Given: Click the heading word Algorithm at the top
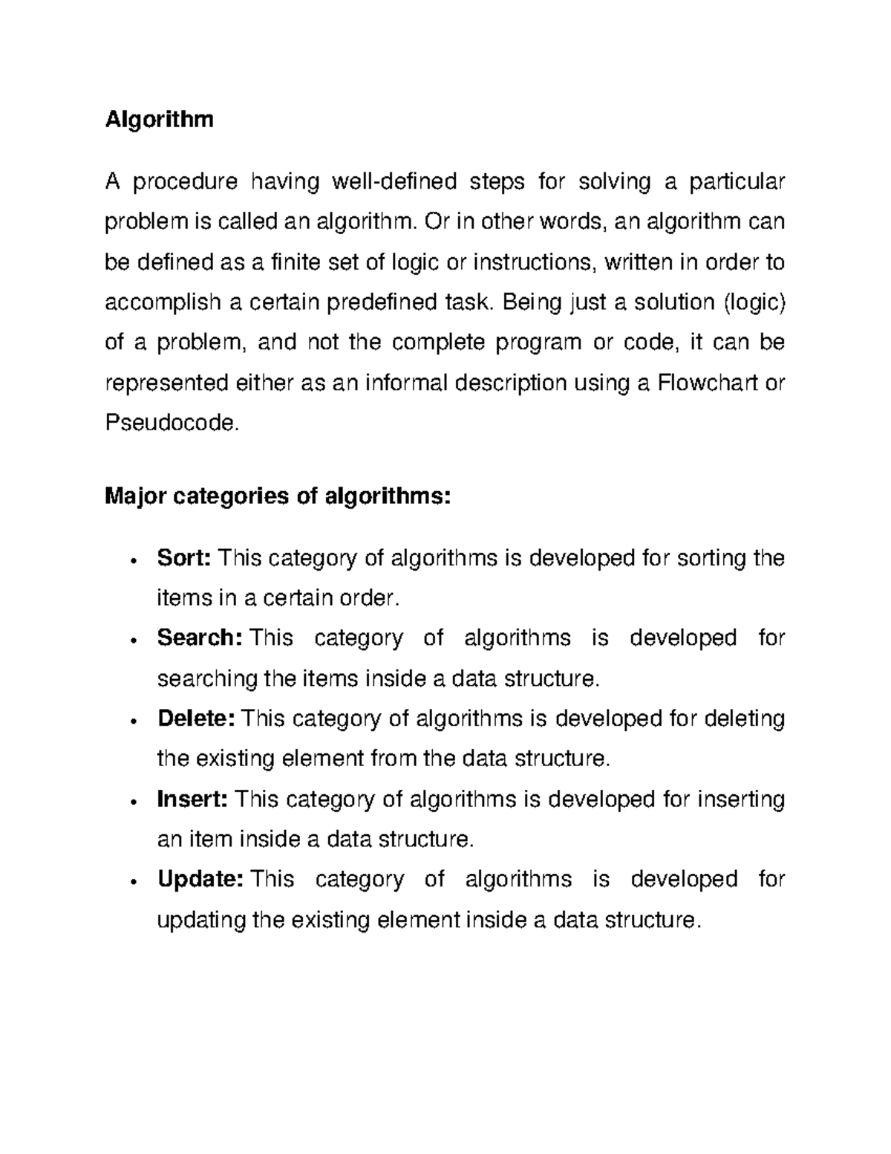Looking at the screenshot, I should (159, 120).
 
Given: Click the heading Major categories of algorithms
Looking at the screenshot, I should (278, 496).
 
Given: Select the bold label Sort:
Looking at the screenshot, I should (185, 557).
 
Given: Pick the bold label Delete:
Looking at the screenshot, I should (196, 719).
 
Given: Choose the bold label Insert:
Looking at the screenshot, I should (192, 799).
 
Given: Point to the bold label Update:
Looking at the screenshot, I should (200, 879).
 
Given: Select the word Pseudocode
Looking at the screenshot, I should (173, 424).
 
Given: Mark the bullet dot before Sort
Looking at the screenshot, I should (131, 560).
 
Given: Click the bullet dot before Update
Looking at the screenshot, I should (131, 882).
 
